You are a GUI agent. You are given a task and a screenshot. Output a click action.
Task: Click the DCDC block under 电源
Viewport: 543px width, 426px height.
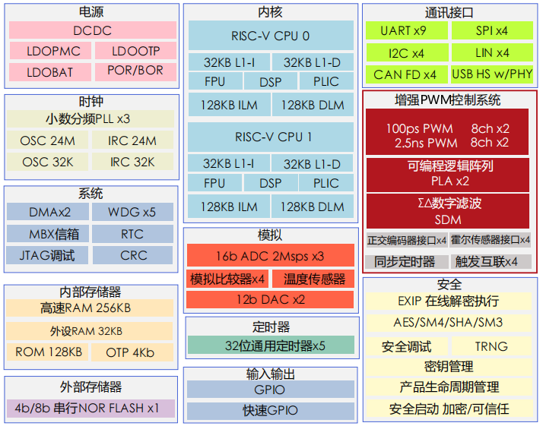point(92,30)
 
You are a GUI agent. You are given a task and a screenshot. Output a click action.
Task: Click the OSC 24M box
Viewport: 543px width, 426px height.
point(48,140)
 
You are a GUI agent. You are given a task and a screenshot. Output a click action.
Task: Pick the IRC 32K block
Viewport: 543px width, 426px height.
point(132,162)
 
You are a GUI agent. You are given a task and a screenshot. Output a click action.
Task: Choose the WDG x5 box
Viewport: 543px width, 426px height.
point(132,213)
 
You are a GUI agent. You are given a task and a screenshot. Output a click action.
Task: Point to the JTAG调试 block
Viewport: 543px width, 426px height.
point(47,255)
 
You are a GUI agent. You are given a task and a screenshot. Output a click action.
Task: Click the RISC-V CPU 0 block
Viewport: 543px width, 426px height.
point(271,36)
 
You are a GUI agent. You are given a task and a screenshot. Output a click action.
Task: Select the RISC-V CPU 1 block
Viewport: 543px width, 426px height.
point(271,137)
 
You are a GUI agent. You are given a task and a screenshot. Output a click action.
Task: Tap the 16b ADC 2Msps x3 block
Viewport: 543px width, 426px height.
point(270,256)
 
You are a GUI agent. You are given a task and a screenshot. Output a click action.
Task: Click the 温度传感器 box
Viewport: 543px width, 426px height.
point(313,279)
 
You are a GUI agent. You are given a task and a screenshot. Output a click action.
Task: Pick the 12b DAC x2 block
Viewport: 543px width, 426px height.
point(270,299)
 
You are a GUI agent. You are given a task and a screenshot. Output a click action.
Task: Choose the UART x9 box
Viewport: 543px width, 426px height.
point(403,31)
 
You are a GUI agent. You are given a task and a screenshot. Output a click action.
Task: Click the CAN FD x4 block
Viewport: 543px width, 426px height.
point(405,74)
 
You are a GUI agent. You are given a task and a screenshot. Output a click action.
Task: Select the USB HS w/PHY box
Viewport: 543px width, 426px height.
point(492,74)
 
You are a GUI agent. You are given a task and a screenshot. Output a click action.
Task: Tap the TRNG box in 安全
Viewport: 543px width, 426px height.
point(491,346)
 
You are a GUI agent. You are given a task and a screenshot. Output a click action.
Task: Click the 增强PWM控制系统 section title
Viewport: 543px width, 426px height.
point(448,99)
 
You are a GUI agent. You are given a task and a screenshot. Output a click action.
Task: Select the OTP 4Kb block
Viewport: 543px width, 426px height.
point(132,352)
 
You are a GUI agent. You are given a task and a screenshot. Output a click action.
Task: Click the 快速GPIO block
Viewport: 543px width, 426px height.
point(270,411)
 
